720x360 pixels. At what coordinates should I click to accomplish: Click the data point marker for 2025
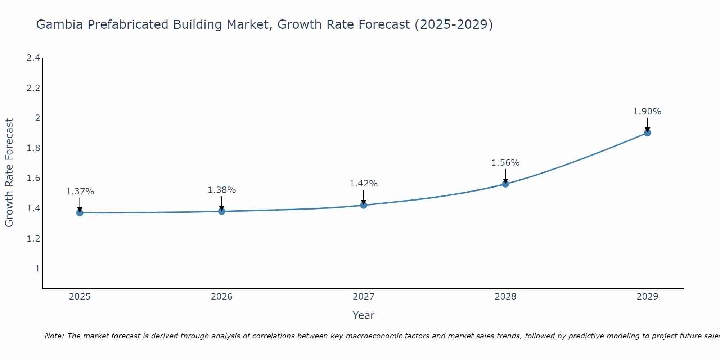pyautogui.click(x=80, y=213)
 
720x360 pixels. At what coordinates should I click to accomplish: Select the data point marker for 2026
pyautogui.click(x=222, y=211)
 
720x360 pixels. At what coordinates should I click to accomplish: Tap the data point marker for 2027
pyautogui.click(x=364, y=205)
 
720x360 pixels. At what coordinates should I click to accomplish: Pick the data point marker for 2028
pyautogui.click(x=505, y=184)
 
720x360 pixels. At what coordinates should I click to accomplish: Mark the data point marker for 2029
pyautogui.click(x=647, y=133)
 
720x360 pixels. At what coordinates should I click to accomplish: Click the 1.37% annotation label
pyautogui.click(x=80, y=192)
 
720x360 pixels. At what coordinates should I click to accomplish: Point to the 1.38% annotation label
pyautogui.click(x=222, y=190)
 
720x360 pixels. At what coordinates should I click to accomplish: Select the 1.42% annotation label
pyautogui.click(x=364, y=184)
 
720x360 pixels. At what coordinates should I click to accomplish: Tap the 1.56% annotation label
pyautogui.click(x=505, y=163)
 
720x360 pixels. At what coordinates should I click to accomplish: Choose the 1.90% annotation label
pyautogui.click(x=647, y=112)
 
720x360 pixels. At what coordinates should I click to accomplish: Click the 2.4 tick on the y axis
pyautogui.click(x=33, y=58)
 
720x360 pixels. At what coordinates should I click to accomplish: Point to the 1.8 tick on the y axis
pyautogui.click(x=33, y=148)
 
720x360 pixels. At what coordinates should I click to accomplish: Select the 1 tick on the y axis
pyautogui.click(x=37, y=269)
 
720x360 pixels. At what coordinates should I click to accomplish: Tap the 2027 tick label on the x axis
pyautogui.click(x=364, y=297)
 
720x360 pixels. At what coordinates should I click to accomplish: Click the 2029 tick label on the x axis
pyautogui.click(x=647, y=297)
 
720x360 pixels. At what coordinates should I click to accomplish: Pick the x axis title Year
pyautogui.click(x=364, y=315)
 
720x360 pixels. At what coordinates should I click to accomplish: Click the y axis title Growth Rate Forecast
pyautogui.click(x=9, y=173)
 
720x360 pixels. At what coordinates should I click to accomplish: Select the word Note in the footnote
pyautogui.click(x=54, y=336)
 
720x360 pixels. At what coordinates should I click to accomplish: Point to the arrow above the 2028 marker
pyautogui.click(x=505, y=176)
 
